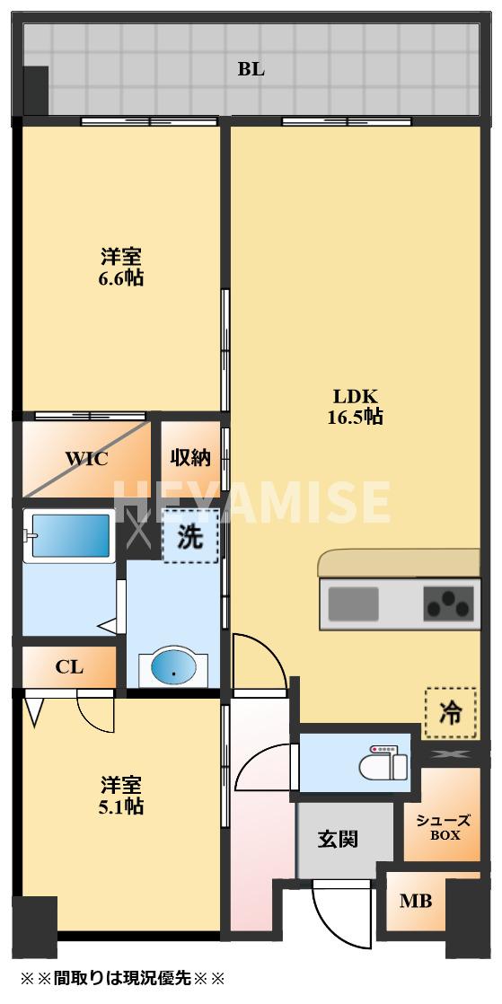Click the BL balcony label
click(x=251, y=69)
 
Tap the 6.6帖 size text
click(x=121, y=278)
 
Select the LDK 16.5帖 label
click(x=358, y=407)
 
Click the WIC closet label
click(x=86, y=459)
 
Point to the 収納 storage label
click(x=190, y=458)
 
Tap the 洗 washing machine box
click(x=189, y=536)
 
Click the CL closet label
click(x=69, y=667)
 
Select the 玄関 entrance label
click(x=338, y=839)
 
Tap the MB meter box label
click(x=415, y=901)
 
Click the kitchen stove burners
click(x=448, y=603)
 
